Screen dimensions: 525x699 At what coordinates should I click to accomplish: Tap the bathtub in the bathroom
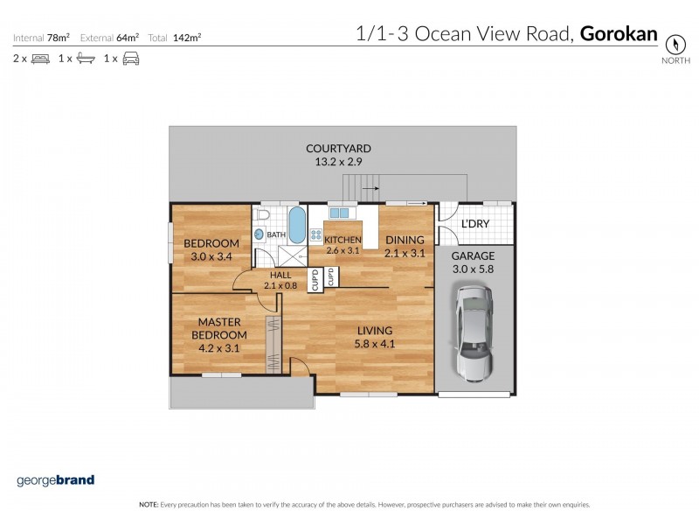pos(296,227)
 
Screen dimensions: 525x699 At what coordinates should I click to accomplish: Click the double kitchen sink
pos(339,213)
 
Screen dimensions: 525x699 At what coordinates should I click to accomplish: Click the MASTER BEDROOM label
pos(219,328)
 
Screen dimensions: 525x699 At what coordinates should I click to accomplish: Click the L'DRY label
pos(474,225)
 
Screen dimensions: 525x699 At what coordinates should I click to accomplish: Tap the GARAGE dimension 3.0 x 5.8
pos(473,269)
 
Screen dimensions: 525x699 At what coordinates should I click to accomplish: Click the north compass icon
pos(674,44)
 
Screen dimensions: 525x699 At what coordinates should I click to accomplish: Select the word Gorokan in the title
pos(619,34)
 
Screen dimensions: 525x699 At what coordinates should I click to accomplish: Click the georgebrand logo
pos(55,479)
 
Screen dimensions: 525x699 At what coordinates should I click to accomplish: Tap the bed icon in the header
pos(40,59)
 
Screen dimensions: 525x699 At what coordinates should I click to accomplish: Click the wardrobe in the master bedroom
pos(273,341)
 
